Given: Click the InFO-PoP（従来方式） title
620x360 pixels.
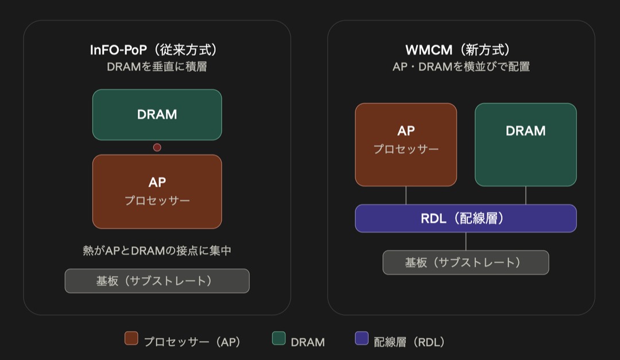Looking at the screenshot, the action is tap(154, 50).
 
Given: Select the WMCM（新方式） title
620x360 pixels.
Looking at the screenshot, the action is tap(459, 50).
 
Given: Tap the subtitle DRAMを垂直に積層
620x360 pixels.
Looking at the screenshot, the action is tap(157, 67).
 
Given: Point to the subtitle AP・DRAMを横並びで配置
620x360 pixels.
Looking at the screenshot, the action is tap(461, 67).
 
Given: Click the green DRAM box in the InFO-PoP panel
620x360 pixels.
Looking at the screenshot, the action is tap(157, 115).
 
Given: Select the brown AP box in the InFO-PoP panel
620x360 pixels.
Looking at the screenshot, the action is tap(157, 191).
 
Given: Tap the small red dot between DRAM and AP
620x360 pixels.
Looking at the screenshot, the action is tap(157, 148).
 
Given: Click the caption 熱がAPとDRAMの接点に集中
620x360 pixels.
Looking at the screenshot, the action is tap(157, 250).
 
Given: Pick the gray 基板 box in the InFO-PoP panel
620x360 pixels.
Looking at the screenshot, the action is tap(157, 281).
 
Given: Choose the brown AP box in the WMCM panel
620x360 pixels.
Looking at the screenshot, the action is tap(406, 145).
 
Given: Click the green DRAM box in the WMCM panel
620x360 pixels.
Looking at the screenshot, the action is tap(525, 145).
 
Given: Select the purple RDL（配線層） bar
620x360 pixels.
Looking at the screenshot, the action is tap(466, 218).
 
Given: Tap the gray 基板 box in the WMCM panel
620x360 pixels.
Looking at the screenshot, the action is tap(466, 262).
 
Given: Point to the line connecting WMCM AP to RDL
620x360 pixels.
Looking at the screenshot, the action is tap(406, 195).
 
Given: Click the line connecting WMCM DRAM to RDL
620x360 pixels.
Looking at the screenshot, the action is tap(525, 195).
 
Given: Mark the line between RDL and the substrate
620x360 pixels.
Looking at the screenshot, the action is tap(466, 241).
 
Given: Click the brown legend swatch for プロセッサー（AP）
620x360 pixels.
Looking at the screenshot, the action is tap(131, 338).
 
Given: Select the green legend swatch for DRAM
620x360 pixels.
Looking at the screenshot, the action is tap(279, 338).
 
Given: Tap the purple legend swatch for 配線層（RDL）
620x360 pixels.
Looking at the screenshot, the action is tap(362, 338).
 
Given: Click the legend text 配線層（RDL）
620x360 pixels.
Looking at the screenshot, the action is tap(409, 342).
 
